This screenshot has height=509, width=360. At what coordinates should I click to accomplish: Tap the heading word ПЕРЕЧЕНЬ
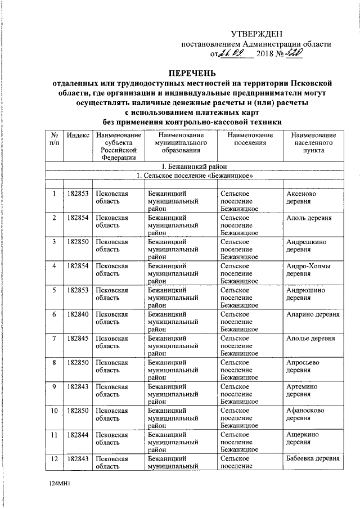pos(193,73)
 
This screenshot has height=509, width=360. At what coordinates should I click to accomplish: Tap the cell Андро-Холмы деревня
pos(308,270)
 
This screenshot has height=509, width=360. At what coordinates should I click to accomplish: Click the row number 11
pos(54,435)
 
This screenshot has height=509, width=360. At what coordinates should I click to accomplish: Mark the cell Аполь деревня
pos(308,218)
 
